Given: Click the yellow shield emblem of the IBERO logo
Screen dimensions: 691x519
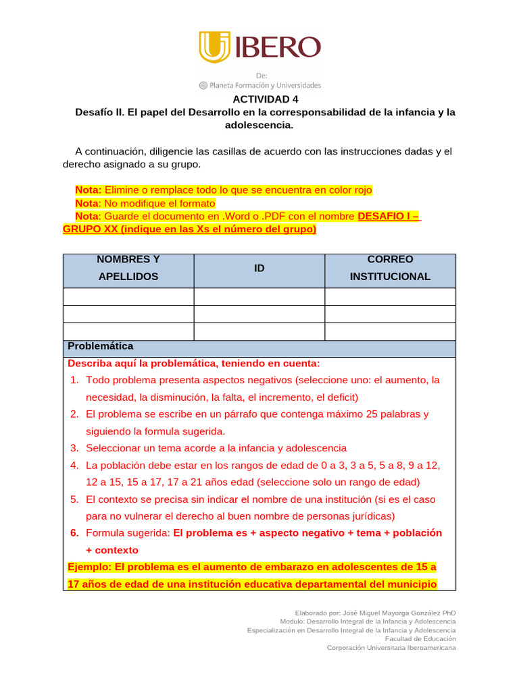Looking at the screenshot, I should [x=214, y=47].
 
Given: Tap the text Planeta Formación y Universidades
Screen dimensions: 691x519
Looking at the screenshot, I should [x=265, y=86].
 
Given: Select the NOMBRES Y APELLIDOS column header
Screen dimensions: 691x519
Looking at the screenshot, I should [x=128, y=268].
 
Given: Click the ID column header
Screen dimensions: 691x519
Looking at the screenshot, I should [x=259, y=269].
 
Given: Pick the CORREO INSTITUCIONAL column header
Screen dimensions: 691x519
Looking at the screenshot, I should [x=390, y=268].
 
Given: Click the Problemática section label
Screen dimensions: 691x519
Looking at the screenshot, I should [x=101, y=346].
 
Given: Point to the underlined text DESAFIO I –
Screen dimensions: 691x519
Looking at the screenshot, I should [x=388, y=217].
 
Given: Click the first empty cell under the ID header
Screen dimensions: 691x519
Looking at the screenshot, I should [x=259, y=297].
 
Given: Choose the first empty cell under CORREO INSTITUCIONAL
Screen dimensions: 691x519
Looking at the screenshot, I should [x=390, y=297].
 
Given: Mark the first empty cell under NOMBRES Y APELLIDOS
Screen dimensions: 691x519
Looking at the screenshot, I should [x=128, y=297].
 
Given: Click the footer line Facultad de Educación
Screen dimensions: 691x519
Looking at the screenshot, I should [x=420, y=638].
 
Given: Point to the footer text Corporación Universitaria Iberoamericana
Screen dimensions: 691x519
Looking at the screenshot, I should [x=391, y=648].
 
